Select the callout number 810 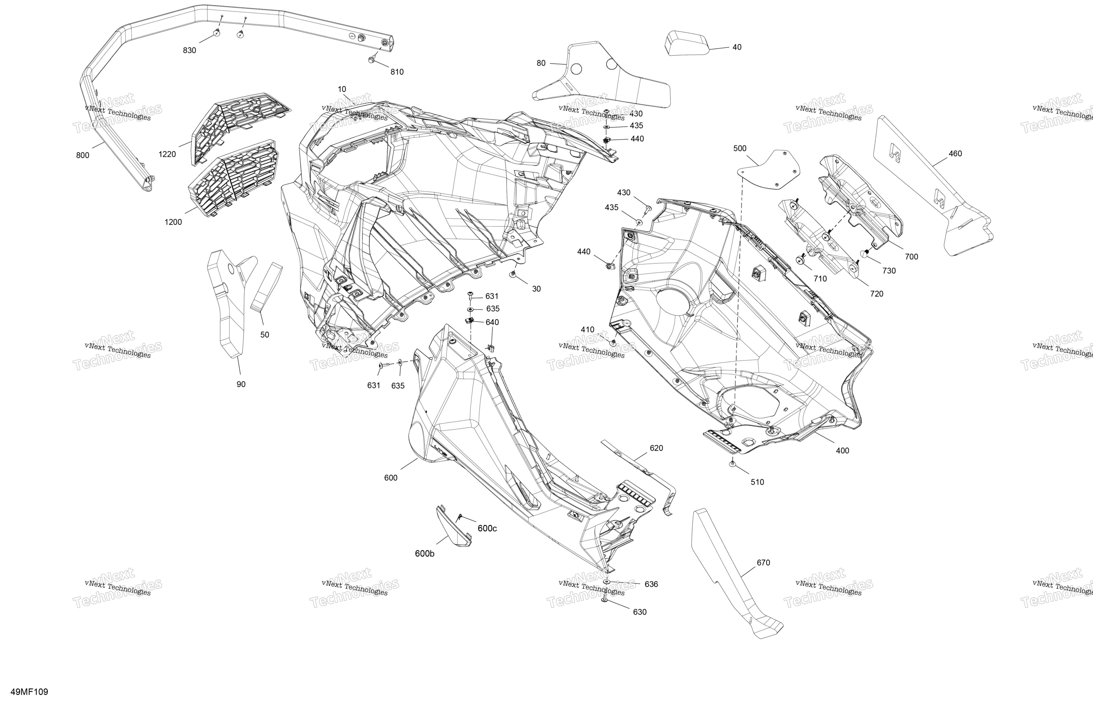point(397,72)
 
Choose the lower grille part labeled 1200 point(233,178)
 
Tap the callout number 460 point(955,153)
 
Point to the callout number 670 point(763,562)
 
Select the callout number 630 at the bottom point(640,612)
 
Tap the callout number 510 point(757,482)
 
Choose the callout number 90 point(241,384)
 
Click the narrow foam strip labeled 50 point(266,287)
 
